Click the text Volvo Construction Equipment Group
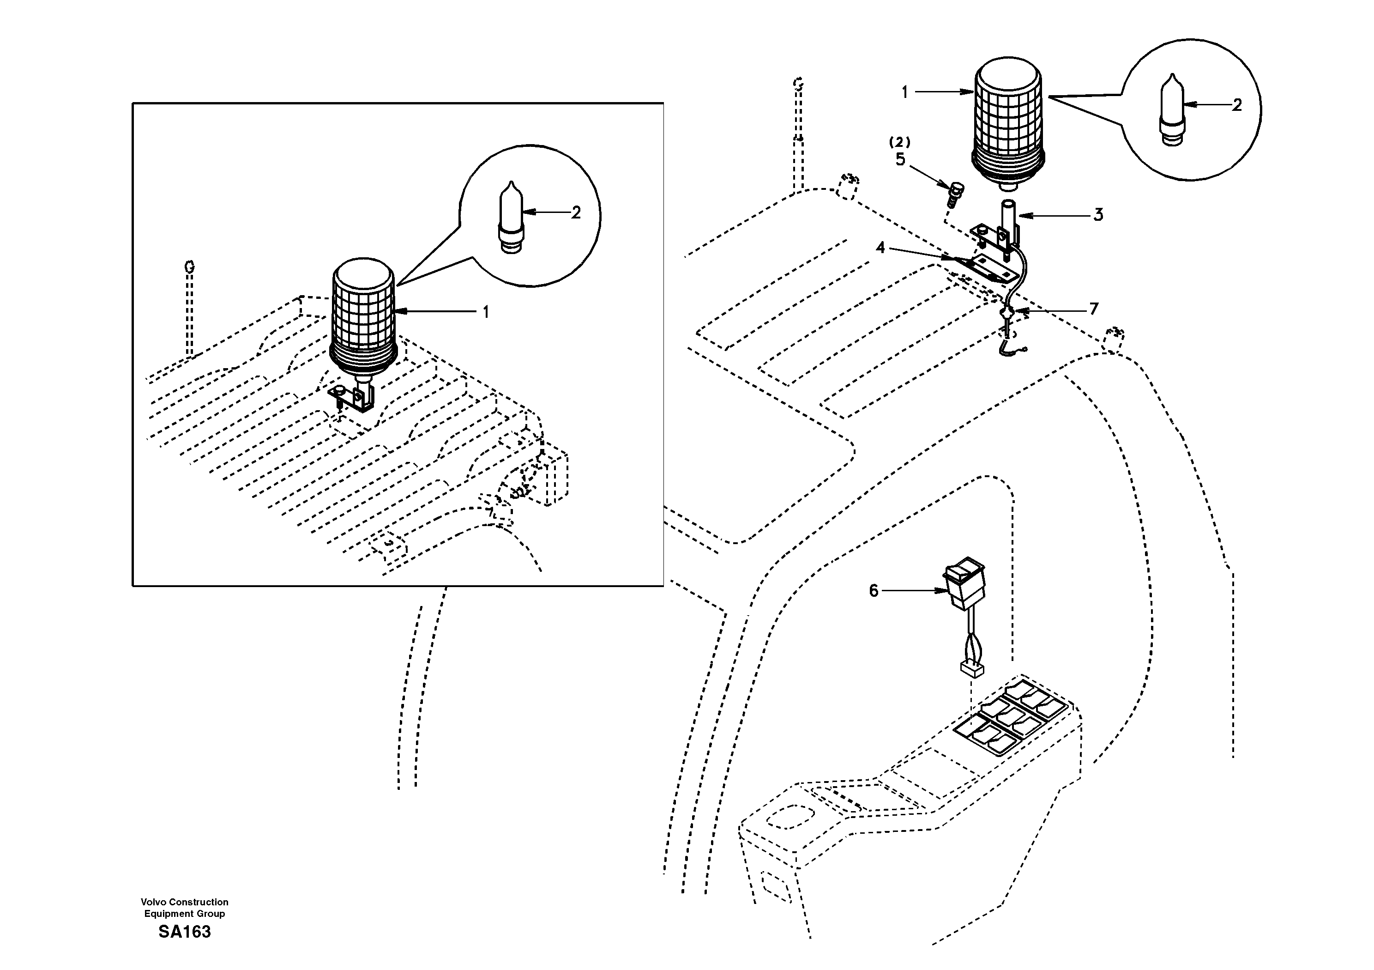[184, 908]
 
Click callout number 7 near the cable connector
[1094, 309]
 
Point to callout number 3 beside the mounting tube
[1098, 215]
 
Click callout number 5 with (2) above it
[901, 159]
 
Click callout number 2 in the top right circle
[1237, 105]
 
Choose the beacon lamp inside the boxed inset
[363, 317]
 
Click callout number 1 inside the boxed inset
[486, 312]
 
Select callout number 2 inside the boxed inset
[576, 212]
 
